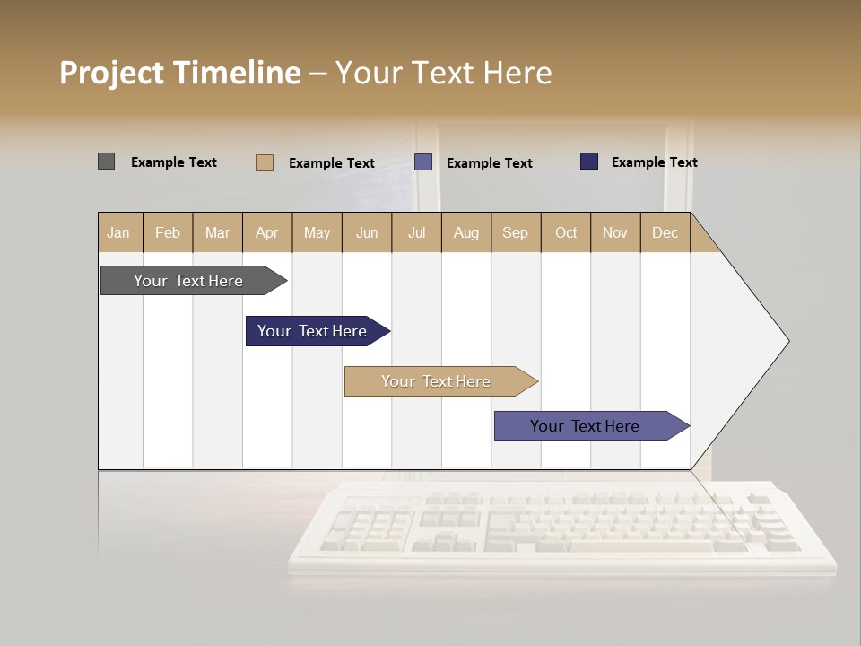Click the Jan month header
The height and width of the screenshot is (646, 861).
tap(118, 232)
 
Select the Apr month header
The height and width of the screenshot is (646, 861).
tap(266, 232)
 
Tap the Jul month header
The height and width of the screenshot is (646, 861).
tap(416, 232)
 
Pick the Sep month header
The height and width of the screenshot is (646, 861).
tap(515, 232)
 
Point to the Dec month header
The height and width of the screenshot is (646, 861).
tap(665, 232)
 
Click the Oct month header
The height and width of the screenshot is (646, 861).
tap(566, 232)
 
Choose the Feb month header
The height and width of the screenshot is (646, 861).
tap(168, 232)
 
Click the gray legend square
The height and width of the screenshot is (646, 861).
tap(107, 161)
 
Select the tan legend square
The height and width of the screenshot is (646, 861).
tap(265, 162)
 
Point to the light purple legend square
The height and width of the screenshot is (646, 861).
tap(423, 162)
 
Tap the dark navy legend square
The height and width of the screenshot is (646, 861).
tap(589, 161)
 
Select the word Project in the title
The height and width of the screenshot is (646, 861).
tap(111, 73)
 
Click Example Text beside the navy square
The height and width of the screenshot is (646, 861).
tap(654, 162)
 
